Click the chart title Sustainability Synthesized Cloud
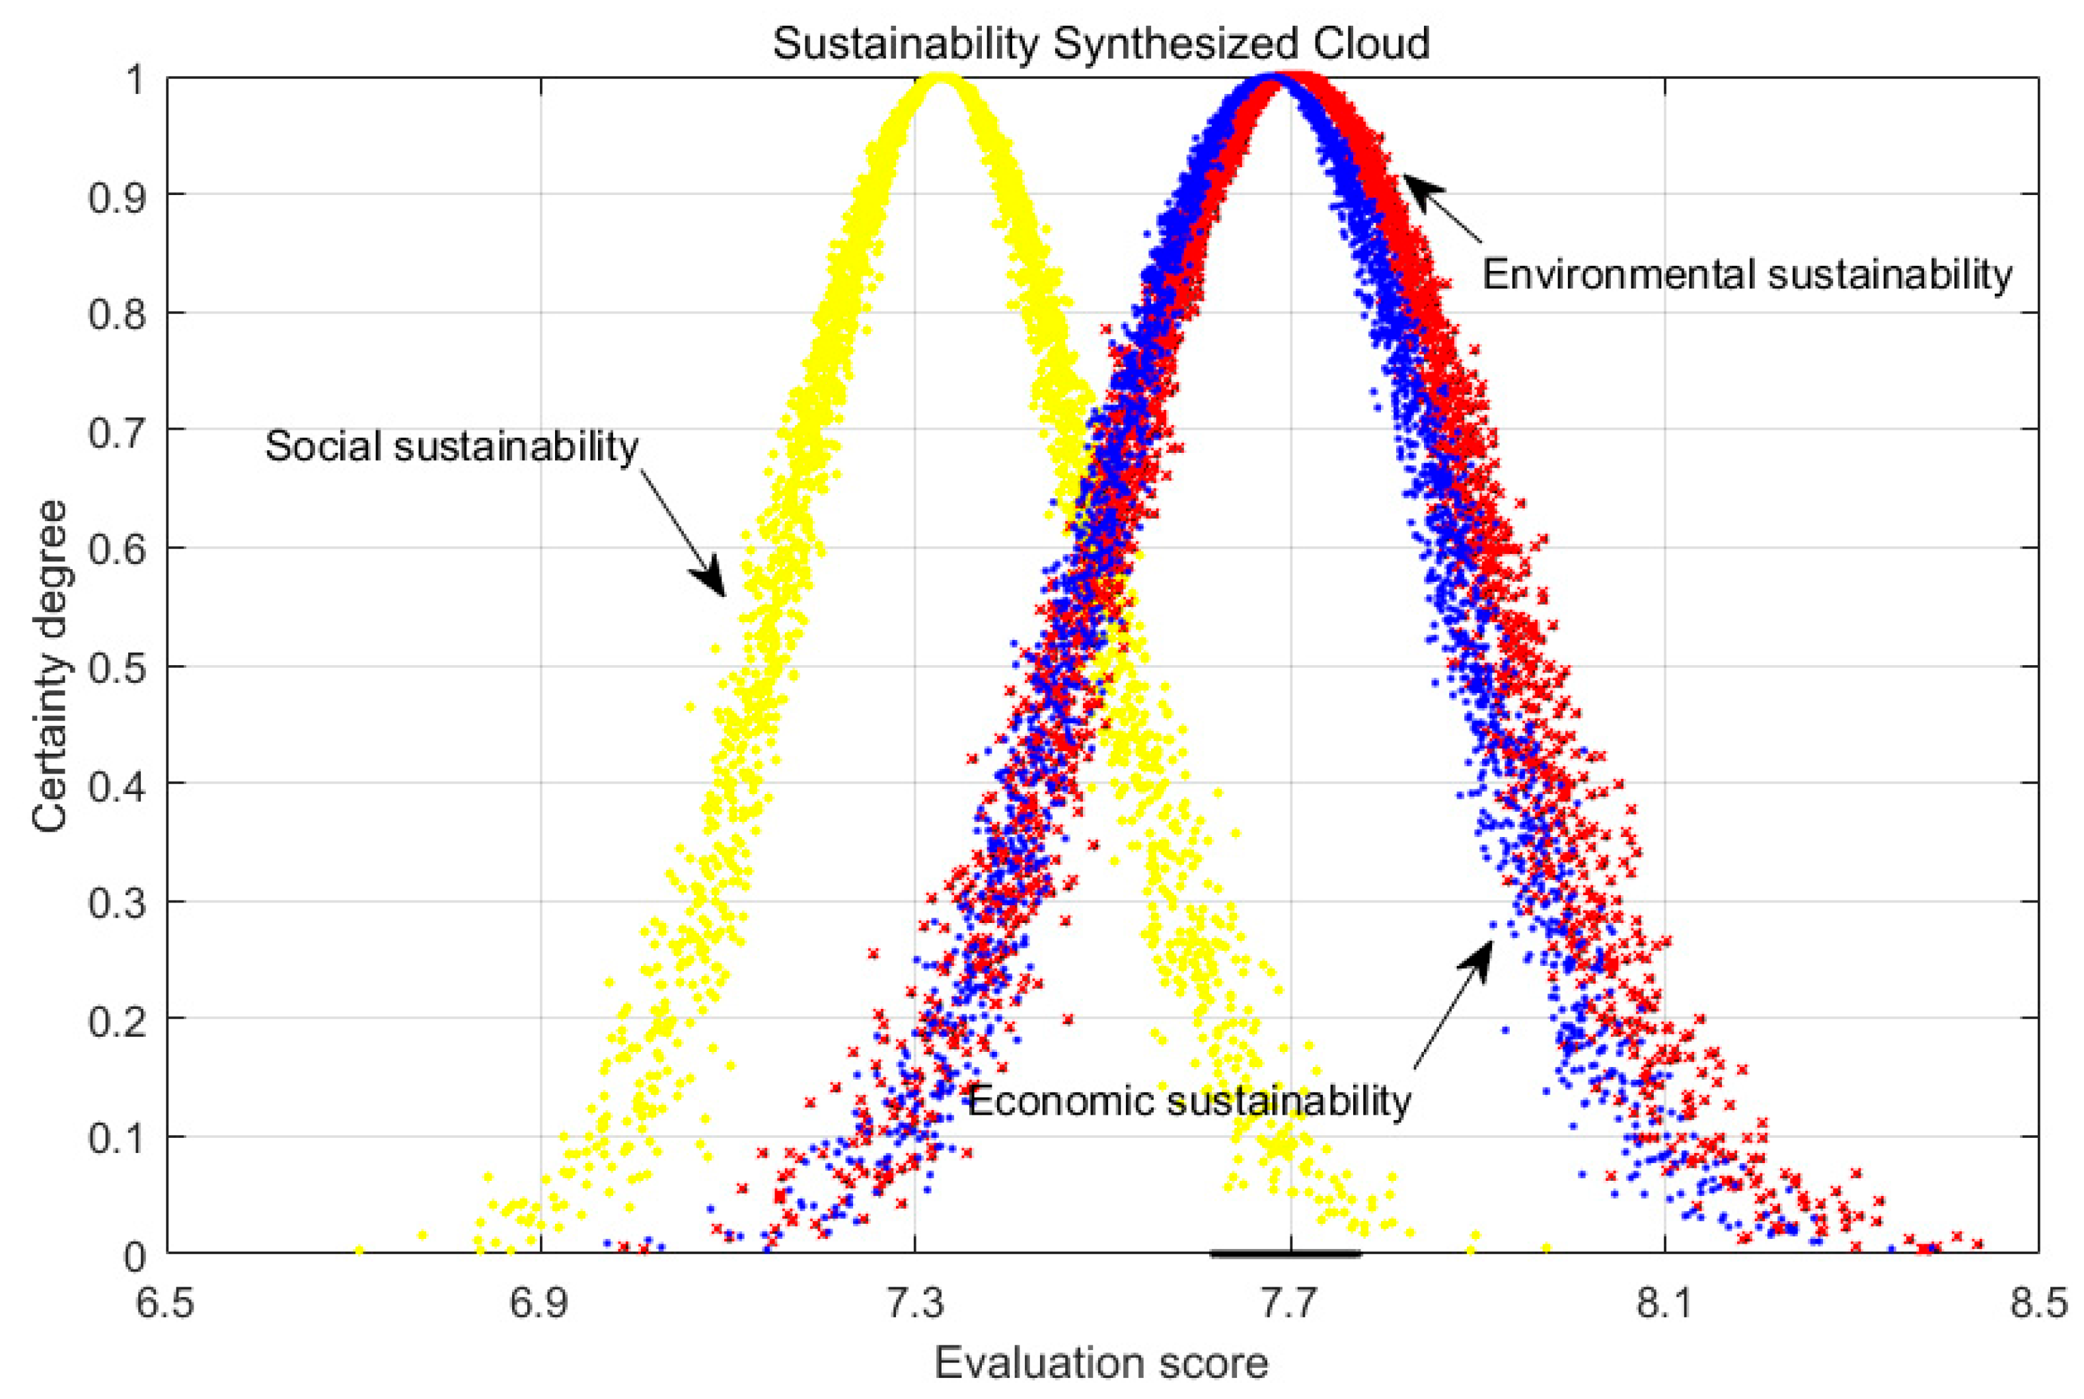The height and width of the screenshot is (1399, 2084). [1100, 43]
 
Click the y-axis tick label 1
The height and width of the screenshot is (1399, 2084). [135, 79]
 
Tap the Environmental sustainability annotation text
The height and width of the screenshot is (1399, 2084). [1747, 274]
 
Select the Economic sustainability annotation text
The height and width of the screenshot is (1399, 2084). [1189, 1100]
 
